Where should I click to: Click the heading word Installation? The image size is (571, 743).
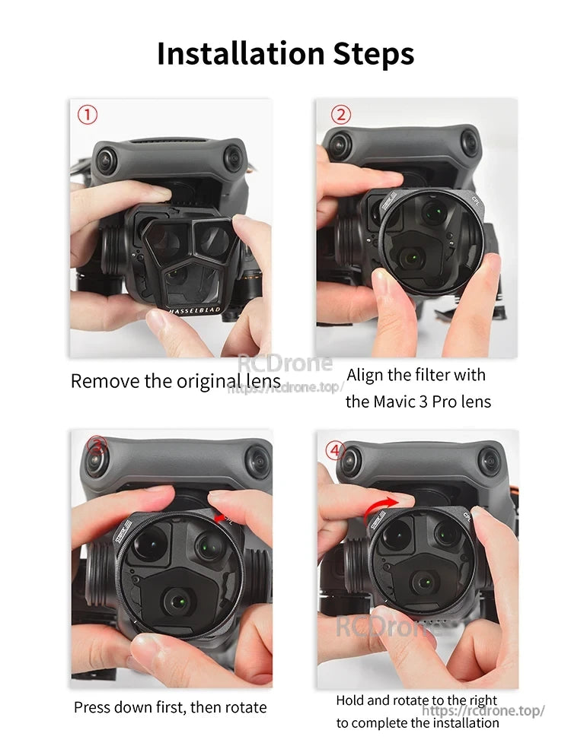click(x=241, y=54)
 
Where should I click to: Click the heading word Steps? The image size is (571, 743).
click(x=374, y=54)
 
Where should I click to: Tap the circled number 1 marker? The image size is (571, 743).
click(x=88, y=115)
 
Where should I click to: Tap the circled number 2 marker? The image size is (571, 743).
click(x=340, y=115)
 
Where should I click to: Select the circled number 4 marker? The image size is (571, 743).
click(x=336, y=449)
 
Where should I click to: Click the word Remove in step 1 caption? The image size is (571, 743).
click(x=102, y=381)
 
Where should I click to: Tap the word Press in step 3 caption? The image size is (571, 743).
click(x=94, y=707)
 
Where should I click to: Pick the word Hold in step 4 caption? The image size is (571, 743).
click(x=352, y=700)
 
